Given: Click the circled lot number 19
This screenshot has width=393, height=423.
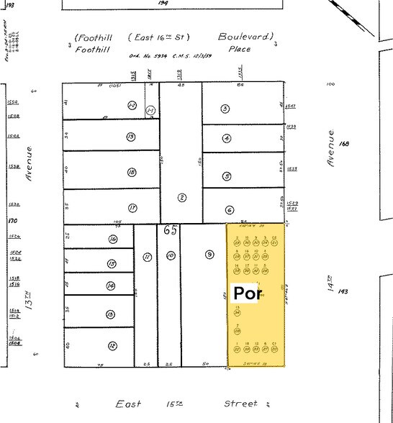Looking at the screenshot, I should tap(131, 137).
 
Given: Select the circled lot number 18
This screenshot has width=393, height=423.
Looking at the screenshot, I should tap(132, 173).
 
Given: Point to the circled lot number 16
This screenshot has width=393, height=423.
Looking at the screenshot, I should tap(112, 240).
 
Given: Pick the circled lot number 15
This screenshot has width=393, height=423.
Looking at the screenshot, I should tap(112, 264).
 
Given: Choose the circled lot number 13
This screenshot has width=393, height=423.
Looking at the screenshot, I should tap(110, 314).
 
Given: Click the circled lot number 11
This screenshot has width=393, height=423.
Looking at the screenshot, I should tap(146, 256).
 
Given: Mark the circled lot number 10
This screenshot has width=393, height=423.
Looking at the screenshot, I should tap(170, 255).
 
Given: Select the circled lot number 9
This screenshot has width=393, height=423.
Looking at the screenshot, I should tap(209, 254).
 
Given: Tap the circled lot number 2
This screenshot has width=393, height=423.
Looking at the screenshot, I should tap(182, 197).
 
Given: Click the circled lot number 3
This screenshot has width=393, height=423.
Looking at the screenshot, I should tap(225, 109).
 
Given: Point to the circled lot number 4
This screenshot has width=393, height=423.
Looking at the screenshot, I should tap(227, 139).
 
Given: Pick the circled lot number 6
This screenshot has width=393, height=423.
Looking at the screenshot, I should tap(229, 210).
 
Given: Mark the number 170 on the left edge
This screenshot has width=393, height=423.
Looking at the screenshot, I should tap(12, 222).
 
